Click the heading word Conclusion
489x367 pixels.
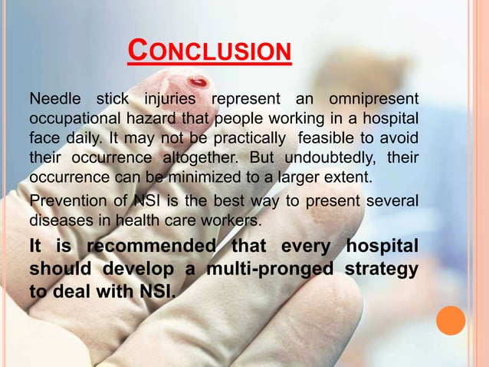[x=209, y=52]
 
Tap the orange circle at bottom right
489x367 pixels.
[x=451, y=320]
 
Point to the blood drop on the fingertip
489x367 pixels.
[x=199, y=81]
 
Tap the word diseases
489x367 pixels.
[x=57, y=220]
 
